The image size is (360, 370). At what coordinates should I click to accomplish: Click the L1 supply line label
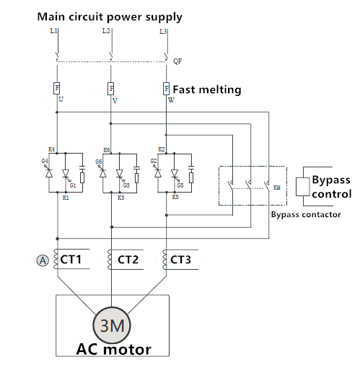53,31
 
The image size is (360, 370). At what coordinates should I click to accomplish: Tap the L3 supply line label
163,32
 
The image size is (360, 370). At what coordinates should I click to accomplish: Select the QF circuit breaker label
177,61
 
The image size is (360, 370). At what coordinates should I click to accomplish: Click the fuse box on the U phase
57,88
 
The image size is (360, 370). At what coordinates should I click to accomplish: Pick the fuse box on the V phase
110,89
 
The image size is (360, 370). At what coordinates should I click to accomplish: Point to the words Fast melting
207,89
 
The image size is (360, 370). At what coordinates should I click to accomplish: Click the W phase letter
171,100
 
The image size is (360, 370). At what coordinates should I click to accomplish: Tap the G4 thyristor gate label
45,161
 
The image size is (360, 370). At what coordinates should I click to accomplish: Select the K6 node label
107,150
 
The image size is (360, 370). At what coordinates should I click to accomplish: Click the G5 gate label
180,185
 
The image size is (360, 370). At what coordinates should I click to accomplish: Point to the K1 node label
66,198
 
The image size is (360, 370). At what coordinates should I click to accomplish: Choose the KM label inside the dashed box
277,188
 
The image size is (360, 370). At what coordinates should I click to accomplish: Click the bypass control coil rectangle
302,187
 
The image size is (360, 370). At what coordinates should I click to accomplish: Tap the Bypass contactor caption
306,214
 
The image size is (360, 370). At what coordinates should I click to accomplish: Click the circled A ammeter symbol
43,260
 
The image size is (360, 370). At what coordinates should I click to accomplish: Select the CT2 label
128,260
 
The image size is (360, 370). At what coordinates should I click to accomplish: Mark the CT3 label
180,260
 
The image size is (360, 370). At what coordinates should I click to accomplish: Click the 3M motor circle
112,325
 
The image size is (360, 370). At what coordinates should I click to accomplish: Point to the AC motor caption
113,349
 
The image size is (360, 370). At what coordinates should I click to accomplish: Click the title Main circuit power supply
110,17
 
